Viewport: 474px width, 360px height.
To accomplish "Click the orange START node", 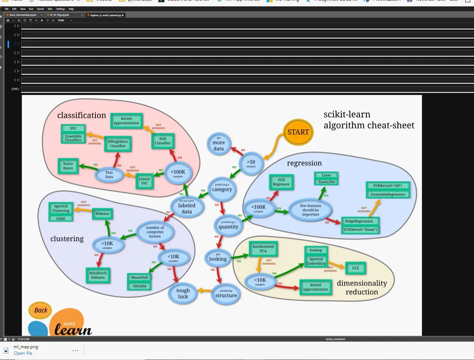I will click(298, 132).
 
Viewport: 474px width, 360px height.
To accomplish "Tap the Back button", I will click(40, 310).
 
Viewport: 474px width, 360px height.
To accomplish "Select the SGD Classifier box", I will click(163, 141).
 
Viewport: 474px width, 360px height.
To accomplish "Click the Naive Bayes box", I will click(68, 166).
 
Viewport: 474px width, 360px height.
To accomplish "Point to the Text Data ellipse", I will click(109, 175).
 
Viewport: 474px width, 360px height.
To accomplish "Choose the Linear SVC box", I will click(144, 181).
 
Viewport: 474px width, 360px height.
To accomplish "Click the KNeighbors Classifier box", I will click(118, 144).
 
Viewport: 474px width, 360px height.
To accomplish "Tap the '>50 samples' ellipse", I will click(251, 163).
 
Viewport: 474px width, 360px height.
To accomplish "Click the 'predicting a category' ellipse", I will click(222, 188).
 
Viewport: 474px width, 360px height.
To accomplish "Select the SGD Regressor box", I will click(281, 182).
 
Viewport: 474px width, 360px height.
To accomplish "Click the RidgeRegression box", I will click(359, 221).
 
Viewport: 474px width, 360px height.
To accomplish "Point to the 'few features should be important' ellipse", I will click(310, 210).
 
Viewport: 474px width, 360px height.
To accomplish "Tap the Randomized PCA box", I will click(263, 249).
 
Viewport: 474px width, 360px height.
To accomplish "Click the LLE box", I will click(355, 268).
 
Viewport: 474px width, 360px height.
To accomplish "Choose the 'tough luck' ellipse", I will click(183, 293).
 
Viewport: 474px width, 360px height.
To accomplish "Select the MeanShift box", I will click(140, 277).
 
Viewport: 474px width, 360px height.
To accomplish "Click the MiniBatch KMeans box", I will click(98, 275).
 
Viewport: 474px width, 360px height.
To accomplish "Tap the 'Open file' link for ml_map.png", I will click(23, 353).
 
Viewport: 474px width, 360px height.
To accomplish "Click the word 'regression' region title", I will click(304, 163).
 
